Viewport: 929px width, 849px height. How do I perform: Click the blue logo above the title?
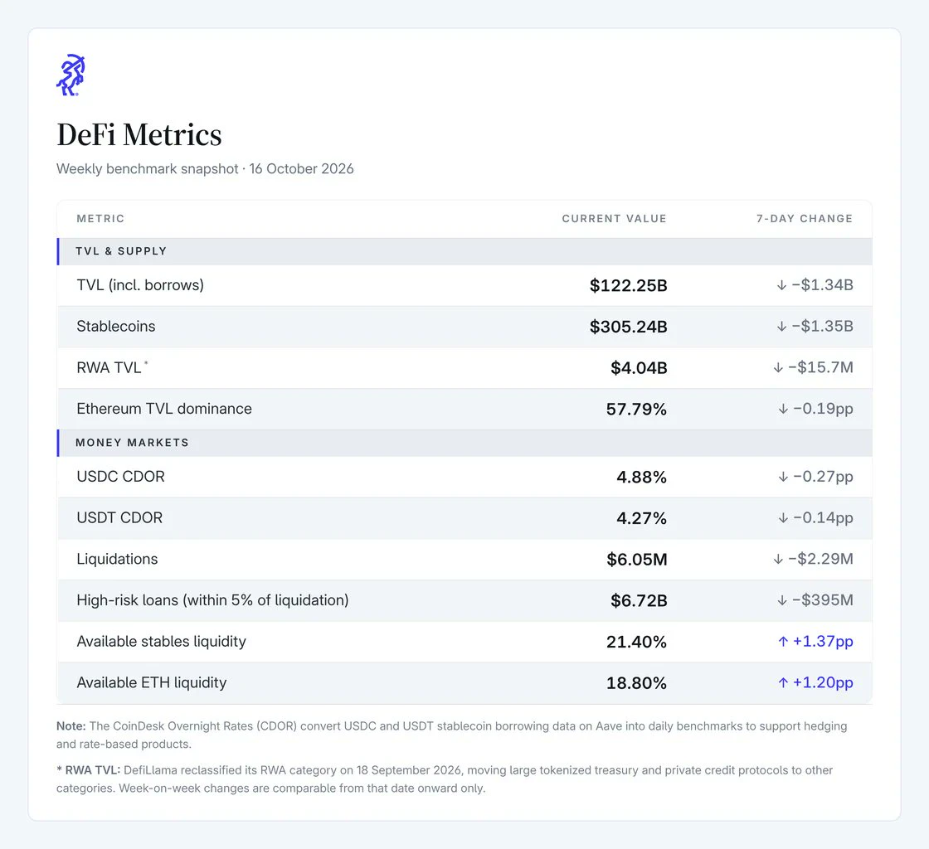point(71,75)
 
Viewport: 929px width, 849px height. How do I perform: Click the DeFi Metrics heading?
point(139,134)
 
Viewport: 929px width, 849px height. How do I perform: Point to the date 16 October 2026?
point(301,169)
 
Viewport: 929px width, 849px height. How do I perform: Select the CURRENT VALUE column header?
point(614,218)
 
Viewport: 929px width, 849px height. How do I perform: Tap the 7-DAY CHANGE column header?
point(804,218)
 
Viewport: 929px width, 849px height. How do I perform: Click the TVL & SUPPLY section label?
point(121,251)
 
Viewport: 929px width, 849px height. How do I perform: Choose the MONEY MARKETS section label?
point(132,442)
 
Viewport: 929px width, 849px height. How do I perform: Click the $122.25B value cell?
point(628,285)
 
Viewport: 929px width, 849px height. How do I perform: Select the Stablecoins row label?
point(116,326)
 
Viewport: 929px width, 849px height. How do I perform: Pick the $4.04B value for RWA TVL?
point(639,367)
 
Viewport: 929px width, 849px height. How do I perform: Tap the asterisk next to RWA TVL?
point(146,363)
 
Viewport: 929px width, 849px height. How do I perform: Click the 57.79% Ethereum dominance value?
point(636,409)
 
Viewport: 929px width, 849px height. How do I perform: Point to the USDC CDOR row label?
point(121,477)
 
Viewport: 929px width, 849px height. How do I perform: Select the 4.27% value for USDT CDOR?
point(642,518)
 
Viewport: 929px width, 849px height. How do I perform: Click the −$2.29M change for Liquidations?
point(820,559)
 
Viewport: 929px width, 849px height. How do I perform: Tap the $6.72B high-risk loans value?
point(639,600)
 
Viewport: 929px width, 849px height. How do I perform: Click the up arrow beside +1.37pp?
point(783,641)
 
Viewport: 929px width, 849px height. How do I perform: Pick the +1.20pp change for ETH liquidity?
point(823,682)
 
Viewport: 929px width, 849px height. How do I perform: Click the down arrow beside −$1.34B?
point(781,285)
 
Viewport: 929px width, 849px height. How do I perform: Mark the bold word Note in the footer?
point(71,725)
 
